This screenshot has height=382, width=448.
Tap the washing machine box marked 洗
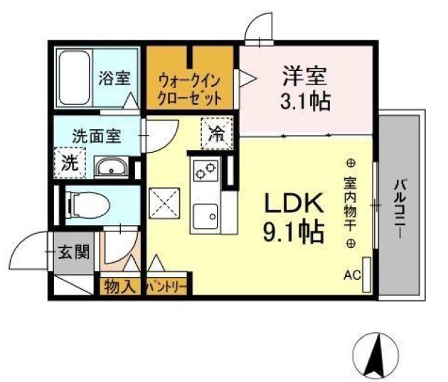click(70, 162)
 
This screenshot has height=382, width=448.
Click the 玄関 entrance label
click(74, 252)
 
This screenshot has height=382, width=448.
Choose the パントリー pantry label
click(168, 288)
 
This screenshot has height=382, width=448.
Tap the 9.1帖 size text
click(294, 231)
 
